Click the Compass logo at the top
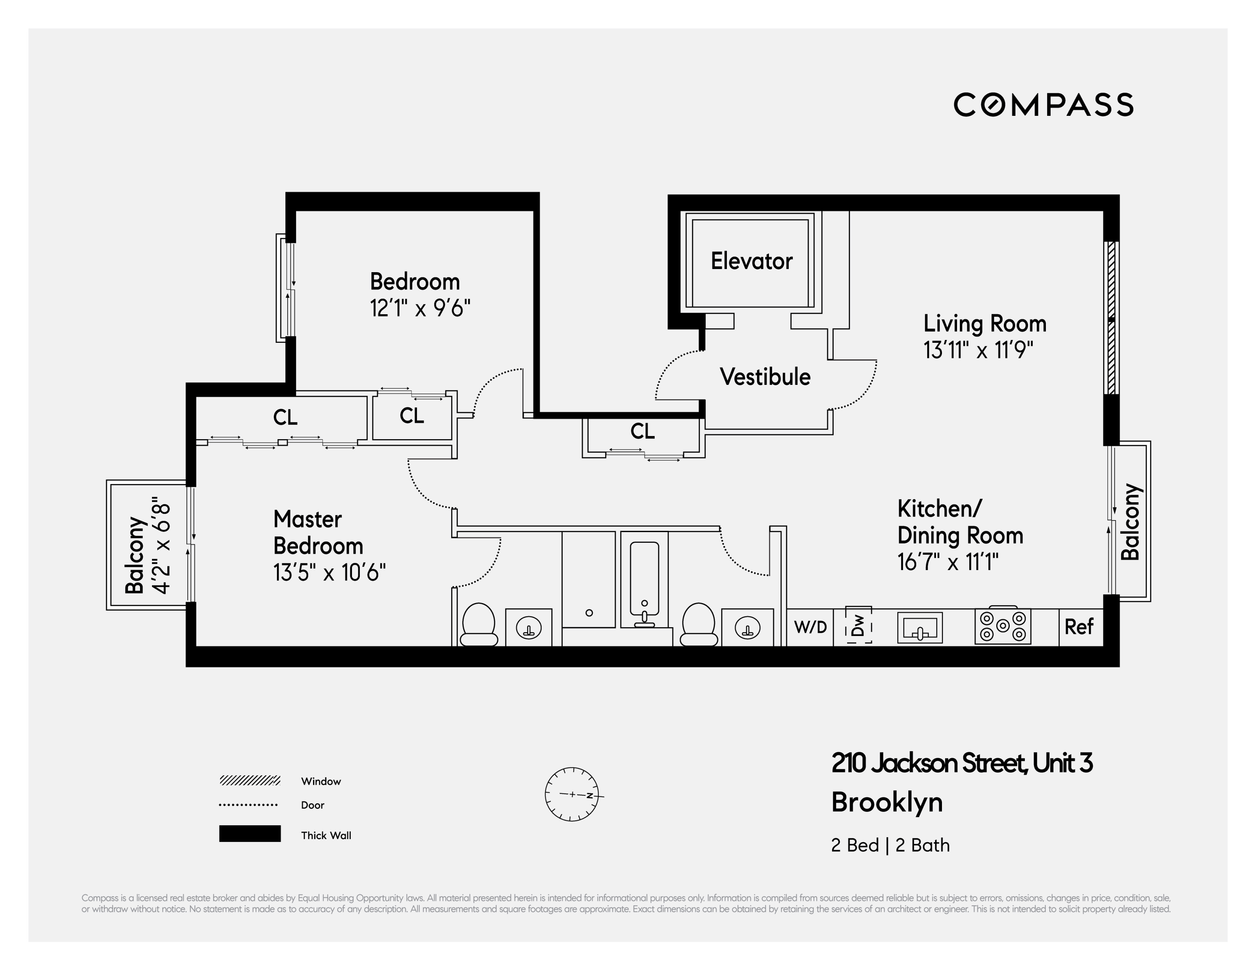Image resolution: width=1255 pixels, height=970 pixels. [x=1043, y=105]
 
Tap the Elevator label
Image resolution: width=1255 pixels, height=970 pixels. [x=751, y=261]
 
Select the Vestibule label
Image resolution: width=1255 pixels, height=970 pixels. [x=765, y=377]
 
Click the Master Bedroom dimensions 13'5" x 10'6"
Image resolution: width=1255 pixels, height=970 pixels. [x=329, y=572]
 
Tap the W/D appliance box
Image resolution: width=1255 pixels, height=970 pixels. [x=810, y=627]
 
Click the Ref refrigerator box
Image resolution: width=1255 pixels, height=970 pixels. [x=1078, y=627]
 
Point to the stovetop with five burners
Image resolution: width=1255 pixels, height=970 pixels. [x=1003, y=626]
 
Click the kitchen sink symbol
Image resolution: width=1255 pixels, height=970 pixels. [x=919, y=628]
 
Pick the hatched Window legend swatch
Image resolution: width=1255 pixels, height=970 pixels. [x=250, y=780]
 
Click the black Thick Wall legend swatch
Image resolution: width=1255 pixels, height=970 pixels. [x=250, y=834]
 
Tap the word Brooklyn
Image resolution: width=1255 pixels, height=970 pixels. [x=887, y=802]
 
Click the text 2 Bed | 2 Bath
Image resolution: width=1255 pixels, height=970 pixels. [x=890, y=845]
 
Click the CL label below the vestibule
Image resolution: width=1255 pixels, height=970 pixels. [x=642, y=431]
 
